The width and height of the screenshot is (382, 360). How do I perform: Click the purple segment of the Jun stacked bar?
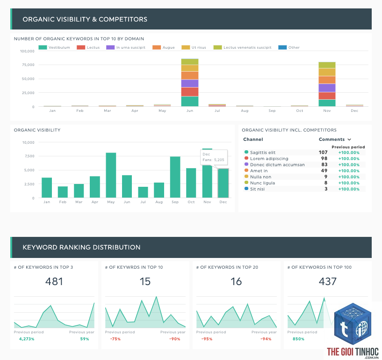190,83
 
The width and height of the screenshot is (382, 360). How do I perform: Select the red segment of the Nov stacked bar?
327,96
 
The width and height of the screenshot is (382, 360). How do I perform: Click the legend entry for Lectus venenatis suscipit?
242,47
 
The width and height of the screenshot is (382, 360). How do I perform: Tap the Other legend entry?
289,47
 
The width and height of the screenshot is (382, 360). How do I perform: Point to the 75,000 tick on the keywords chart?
28,65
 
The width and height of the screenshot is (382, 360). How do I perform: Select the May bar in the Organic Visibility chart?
111,175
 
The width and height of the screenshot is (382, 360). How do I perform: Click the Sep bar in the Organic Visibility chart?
175,177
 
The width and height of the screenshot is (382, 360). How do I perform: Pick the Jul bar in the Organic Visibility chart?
143,192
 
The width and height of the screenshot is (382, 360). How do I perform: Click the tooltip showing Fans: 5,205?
214,157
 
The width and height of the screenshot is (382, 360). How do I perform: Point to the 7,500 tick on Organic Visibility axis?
29,156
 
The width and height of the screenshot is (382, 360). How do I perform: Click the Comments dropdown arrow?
349,140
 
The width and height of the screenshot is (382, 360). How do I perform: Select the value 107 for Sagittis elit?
323,153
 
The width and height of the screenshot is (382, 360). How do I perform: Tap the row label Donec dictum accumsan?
277,165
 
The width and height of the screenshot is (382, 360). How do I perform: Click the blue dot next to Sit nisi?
246,189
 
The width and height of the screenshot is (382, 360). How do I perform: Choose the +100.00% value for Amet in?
349,171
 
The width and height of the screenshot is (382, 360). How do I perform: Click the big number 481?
54,281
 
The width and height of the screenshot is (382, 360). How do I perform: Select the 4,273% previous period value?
27,339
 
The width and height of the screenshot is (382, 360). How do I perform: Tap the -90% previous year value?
175,339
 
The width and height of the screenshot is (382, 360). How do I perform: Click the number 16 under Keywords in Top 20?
236,281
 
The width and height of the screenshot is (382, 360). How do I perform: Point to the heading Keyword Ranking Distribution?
81,247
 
